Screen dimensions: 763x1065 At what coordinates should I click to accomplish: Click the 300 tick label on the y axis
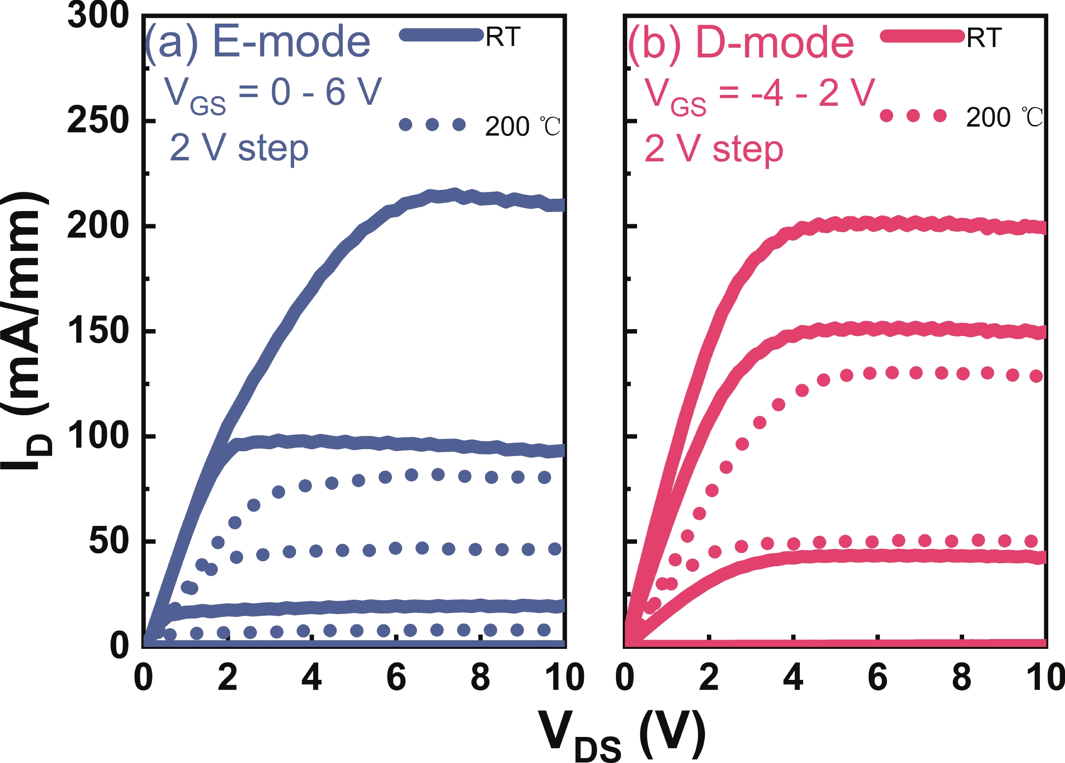pos(98,16)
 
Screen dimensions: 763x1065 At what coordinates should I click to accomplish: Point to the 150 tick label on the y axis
pos(98,331)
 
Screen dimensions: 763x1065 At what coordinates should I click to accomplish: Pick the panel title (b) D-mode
pos(741,43)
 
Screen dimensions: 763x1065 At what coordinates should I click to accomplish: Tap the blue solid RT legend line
pos(441,35)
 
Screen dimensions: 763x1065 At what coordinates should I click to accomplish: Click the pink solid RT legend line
pos(922,36)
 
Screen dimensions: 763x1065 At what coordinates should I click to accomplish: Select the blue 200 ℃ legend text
pos(522,126)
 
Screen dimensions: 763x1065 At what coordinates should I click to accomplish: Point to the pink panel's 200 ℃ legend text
pos(1004,118)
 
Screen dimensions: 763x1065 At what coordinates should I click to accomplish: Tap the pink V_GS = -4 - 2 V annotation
pos(760,94)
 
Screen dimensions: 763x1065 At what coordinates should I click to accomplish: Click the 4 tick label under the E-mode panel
pos(311,677)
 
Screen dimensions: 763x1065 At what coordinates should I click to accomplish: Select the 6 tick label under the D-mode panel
pos(878,677)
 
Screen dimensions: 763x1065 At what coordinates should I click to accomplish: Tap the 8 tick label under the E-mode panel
pos(480,677)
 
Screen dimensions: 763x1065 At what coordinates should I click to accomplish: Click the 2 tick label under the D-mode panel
pos(709,677)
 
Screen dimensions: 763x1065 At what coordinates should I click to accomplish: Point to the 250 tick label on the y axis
pos(98,121)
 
